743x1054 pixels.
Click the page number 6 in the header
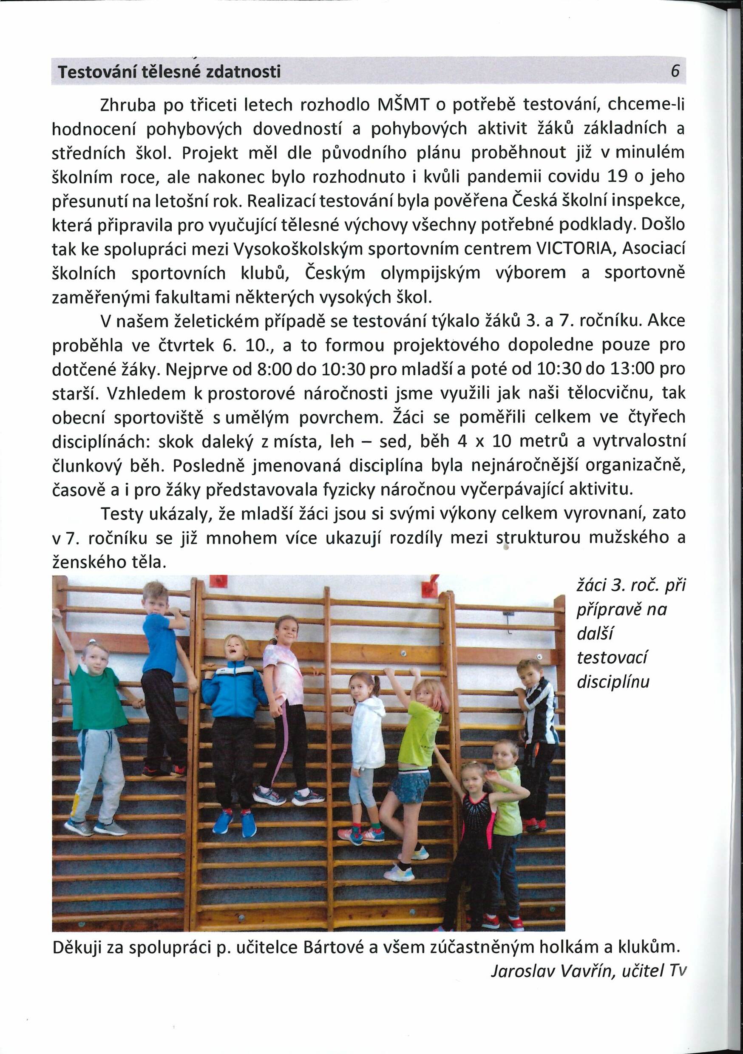point(675,72)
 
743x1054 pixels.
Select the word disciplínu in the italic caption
point(613,682)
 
